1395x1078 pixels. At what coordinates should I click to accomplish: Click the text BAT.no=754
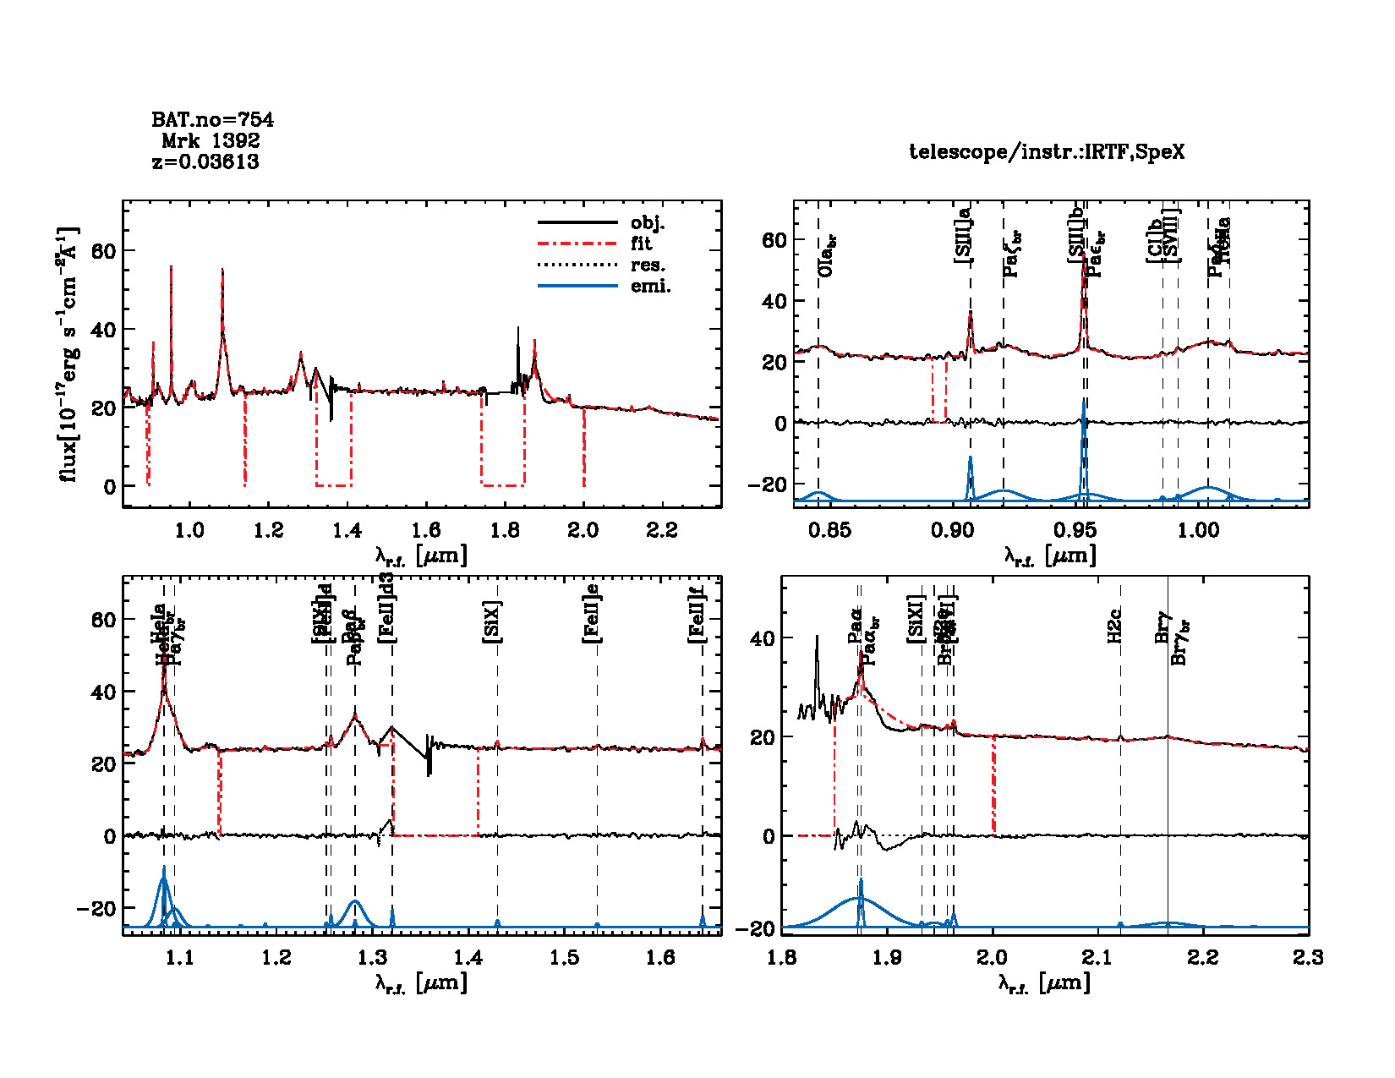[x=212, y=120]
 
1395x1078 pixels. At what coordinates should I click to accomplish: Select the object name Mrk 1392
[x=211, y=140]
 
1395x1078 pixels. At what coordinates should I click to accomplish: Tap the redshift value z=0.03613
[x=205, y=161]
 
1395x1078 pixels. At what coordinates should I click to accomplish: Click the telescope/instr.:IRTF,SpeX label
[x=1047, y=152]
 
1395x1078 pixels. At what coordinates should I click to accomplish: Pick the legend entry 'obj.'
[x=648, y=223]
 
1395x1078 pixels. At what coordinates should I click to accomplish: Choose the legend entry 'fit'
[x=642, y=244]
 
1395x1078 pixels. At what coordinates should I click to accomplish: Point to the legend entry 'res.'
[x=648, y=265]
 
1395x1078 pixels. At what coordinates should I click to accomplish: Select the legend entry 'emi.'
[x=650, y=287]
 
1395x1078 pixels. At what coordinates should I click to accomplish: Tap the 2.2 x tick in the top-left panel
[x=661, y=530]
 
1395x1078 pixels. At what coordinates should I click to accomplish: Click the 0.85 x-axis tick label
[x=829, y=530]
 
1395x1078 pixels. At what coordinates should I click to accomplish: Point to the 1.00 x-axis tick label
[x=1199, y=530]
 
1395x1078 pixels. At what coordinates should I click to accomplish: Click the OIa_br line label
[x=828, y=255]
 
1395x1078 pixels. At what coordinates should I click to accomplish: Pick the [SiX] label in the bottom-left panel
[x=492, y=622]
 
